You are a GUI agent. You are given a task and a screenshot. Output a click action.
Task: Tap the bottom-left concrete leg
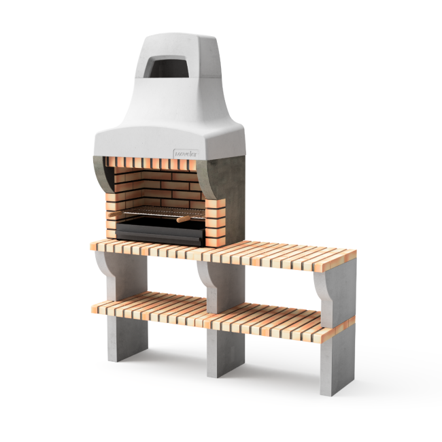tap(126, 337)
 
